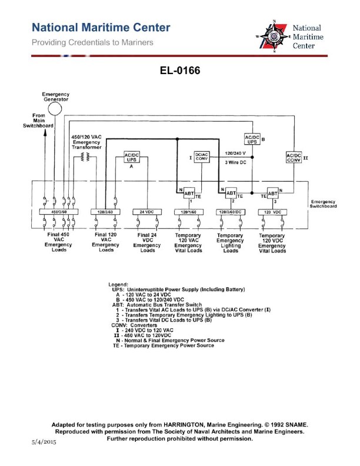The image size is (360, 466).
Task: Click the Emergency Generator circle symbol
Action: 55,109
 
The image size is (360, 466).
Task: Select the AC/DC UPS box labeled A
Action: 132,158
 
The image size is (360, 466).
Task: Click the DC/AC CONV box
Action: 202,157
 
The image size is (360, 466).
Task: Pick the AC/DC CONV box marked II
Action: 294,158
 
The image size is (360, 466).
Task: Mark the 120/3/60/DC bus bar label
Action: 231,211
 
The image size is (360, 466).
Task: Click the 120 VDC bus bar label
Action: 272,211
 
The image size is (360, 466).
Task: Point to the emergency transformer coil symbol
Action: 86,157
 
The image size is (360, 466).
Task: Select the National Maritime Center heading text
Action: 101,28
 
